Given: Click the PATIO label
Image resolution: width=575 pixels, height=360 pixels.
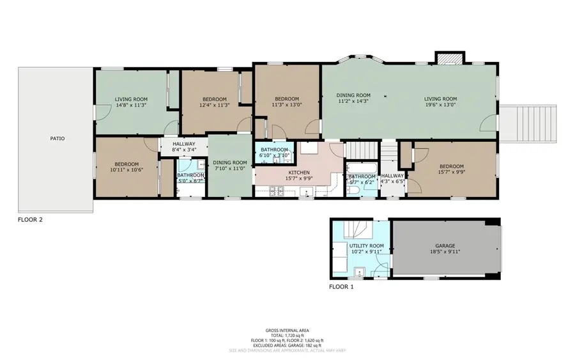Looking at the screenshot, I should (57, 138).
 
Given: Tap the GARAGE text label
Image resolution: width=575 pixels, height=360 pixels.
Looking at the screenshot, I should (445, 246).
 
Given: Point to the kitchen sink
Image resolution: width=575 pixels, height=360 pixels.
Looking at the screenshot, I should (310, 149).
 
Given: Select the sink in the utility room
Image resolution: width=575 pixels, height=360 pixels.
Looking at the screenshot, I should (359, 272).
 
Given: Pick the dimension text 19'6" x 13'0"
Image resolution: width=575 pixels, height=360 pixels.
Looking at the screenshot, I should (441, 106).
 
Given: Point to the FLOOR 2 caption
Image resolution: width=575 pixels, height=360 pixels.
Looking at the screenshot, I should (30, 219).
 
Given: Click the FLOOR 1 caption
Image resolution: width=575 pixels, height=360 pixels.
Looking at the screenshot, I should (341, 287).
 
